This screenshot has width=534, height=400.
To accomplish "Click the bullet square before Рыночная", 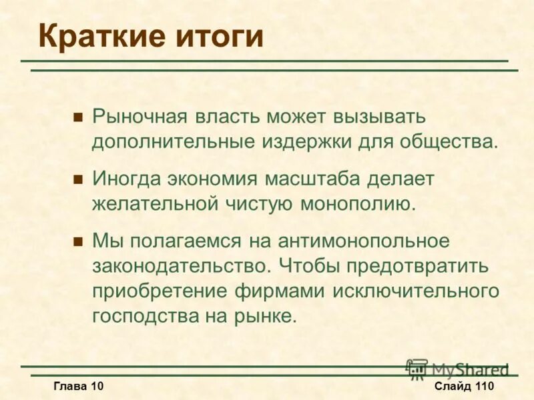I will pyautogui.click(x=77, y=117).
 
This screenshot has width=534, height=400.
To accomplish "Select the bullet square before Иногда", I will pyautogui.click(x=77, y=179).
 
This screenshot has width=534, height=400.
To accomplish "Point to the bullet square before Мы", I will pyautogui.click(x=77, y=241).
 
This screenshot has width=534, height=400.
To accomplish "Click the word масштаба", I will pyautogui.click(x=314, y=179).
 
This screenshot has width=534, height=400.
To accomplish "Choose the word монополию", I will pyautogui.click(x=360, y=203).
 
